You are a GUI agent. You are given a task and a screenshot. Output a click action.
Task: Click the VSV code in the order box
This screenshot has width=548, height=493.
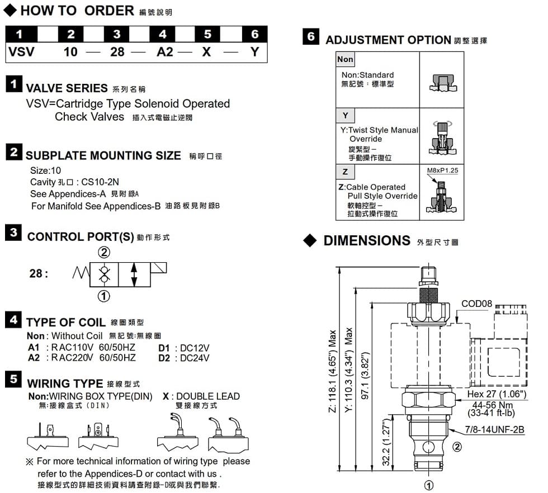(x=21, y=52)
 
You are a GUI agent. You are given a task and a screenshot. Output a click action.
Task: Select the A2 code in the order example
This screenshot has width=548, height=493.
(x=165, y=52)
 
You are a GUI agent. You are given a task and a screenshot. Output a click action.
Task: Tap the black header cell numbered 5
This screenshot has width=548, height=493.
(x=207, y=34)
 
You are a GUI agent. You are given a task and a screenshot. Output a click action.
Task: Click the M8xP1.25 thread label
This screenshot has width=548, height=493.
(x=442, y=170)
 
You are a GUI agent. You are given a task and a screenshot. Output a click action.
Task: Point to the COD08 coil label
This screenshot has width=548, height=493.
(x=476, y=304)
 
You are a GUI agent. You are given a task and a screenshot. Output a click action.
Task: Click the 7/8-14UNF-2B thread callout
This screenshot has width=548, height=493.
(x=494, y=429)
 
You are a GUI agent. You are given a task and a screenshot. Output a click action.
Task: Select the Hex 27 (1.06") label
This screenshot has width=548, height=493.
(x=497, y=394)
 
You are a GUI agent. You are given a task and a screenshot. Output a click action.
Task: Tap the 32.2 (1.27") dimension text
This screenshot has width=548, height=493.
(x=386, y=443)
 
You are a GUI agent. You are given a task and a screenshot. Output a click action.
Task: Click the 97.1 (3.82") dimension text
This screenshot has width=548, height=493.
(x=365, y=376)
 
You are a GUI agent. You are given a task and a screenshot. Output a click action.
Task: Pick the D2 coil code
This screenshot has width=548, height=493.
(x=164, y=358)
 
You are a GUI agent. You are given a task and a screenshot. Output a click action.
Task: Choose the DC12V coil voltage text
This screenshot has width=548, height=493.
(x=195, y=348)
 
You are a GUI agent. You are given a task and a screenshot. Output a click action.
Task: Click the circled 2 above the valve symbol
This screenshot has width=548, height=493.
(x=104, y=252)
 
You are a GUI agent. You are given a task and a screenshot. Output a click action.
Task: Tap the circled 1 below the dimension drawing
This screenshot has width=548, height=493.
(x=429, y=485)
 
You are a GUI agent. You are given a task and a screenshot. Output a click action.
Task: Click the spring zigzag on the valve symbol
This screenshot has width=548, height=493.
(x=81, y=273)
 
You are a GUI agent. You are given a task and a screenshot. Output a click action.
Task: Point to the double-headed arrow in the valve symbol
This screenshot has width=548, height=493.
(x=134, y=275)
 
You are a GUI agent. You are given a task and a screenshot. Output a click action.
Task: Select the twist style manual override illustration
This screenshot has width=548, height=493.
(x=442, y=138)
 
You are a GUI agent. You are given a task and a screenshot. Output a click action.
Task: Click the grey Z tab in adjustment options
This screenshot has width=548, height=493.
(x=345, y=172)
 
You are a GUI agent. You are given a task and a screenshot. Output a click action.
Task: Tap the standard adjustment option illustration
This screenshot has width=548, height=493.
(x=443, y=83)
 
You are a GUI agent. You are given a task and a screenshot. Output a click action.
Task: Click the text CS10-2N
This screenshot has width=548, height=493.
(x=100, y=182)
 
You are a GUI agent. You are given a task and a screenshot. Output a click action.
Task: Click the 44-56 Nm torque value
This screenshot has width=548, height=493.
(x=493, y=405)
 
